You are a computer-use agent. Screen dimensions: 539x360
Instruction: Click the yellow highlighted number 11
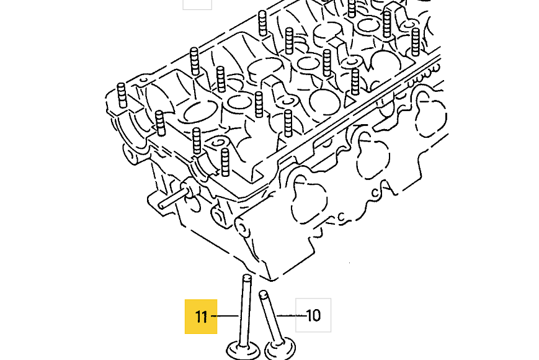click(x=201, y=317)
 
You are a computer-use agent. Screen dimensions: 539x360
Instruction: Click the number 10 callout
click(x=313, y=315)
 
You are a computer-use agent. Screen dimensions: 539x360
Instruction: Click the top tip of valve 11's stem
click(x=247, y=276)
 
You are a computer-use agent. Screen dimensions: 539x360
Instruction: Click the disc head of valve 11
click(x=243, y=351)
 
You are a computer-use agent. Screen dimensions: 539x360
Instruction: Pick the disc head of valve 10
click(x=280, y=349)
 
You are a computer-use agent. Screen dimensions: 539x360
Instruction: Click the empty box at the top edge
click(x=197, y=4)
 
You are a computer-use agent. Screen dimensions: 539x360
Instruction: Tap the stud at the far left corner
click(x=122, y=95)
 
